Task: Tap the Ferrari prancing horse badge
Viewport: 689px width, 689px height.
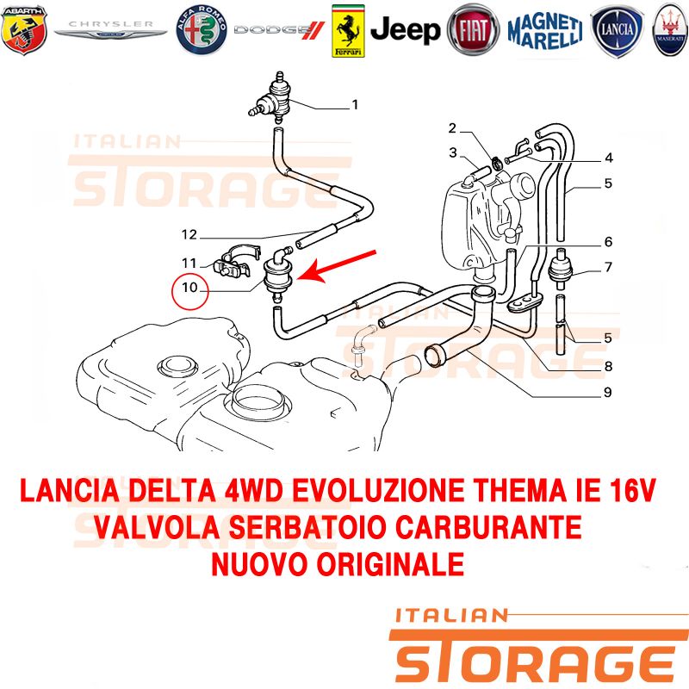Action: pos(348,30)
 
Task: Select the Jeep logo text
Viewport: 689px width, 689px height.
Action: pos(405,30)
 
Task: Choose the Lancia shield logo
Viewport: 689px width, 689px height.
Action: pos(616,30)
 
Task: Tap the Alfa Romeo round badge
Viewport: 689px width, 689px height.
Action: pos(201,30)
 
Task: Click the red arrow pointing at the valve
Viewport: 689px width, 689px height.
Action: pos(344,264)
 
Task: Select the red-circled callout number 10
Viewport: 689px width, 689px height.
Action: pos(189,290)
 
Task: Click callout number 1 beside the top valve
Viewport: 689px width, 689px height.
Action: pos(354,107)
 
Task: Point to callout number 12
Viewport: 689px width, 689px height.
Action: pos(189,234)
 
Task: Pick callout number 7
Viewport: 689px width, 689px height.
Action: pos(608,267)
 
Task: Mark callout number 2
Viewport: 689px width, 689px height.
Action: pos(451,129)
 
